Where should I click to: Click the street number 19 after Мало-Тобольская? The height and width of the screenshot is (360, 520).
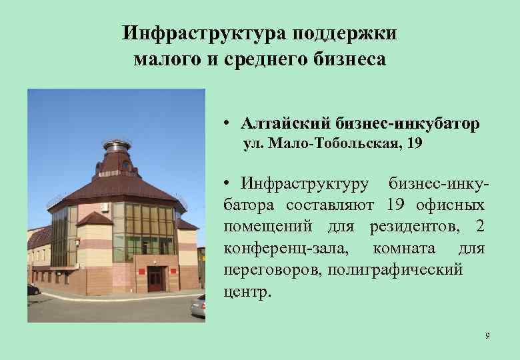(413, 143)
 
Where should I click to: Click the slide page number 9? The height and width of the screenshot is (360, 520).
(487, 335)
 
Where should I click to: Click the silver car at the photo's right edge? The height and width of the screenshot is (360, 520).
(198, 306)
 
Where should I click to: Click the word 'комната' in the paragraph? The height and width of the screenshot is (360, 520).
(405, 249)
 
